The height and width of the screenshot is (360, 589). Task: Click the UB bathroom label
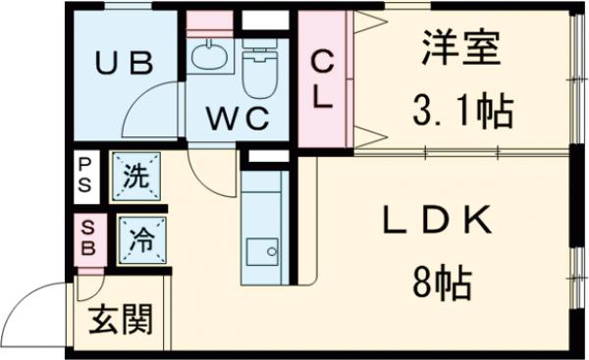coord(124,65)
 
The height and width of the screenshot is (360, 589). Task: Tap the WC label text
coord(237,118)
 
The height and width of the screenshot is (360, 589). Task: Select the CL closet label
coord(323,80)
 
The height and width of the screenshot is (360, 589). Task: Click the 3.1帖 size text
coord(461,113)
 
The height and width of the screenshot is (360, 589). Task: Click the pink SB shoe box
coord(86,236)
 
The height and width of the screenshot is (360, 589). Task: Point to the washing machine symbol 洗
coord(135,179)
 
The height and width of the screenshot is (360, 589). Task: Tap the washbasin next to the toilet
coord(208,58)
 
